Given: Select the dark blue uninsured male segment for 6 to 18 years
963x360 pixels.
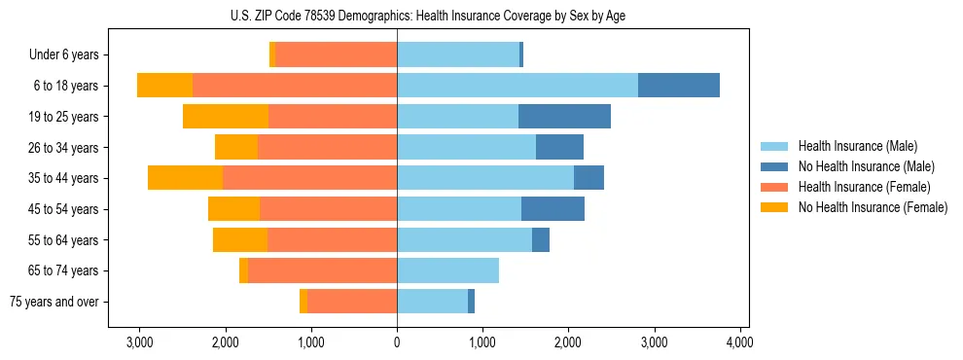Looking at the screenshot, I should tap(679, 85).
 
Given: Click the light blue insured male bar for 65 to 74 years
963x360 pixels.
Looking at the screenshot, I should tap(447, 270).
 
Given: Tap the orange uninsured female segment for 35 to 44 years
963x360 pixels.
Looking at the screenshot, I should tap(185, 178).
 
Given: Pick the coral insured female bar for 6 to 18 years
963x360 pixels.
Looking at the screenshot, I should tap(295, 85).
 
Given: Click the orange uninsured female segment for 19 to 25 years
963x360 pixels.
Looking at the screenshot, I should tap(226, 116).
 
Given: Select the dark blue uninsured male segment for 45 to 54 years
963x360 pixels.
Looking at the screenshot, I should tap(553, 208).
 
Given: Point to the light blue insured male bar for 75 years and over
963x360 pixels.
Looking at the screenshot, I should tap(432, 302).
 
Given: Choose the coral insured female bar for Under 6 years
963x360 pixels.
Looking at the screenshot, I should tap(336, 54).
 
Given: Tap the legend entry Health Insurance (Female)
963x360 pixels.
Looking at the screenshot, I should tap(864, 187).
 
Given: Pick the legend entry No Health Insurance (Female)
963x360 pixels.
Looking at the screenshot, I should tap(873, 207).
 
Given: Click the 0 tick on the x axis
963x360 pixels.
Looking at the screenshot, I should tap(397, 342).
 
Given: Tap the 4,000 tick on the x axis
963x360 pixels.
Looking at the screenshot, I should tap(740, 342).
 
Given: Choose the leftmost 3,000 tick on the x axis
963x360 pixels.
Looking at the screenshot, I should tap(139, 342).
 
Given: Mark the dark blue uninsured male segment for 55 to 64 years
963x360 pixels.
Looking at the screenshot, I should tap(541, 239).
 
